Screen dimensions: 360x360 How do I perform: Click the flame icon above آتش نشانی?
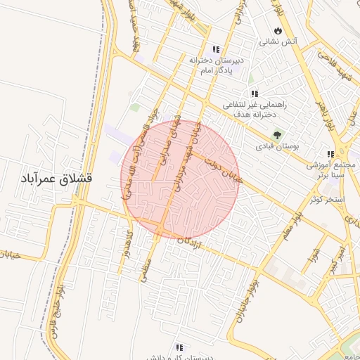coord(279,31)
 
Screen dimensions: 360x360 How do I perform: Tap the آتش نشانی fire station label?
coord(279,42)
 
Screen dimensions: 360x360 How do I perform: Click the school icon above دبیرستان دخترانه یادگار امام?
coord(216,49)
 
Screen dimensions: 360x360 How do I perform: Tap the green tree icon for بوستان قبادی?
coord(278,134)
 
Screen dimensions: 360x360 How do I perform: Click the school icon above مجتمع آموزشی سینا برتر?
coord(330,155)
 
